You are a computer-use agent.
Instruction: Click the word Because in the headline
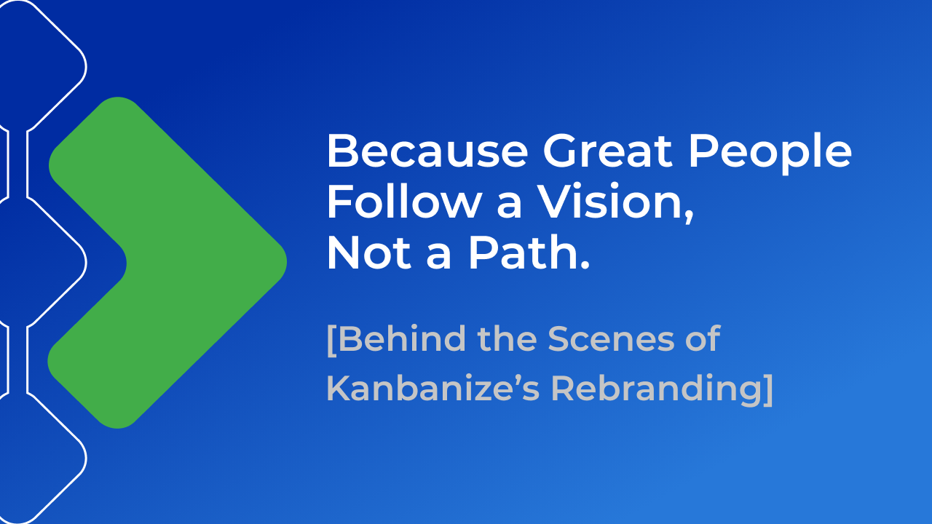[x=427, y=151]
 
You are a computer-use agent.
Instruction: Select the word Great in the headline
[x=607, y=151]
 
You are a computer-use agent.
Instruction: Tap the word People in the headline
[x=770, y=154]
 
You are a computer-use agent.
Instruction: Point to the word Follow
[x=404, y=202]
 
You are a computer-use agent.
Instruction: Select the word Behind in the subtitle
[x=402, y=338]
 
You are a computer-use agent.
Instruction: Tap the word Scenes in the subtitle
[x=611, y=339]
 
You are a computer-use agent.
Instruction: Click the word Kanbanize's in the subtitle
[x=433, y=388]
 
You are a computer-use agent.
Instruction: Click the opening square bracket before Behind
[x=331, y=340]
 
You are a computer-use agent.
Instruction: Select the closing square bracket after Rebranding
[x=768, y=390]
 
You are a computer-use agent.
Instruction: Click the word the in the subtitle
[x=508, y=338]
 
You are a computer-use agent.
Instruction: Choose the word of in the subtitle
[x=703, y=338]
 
